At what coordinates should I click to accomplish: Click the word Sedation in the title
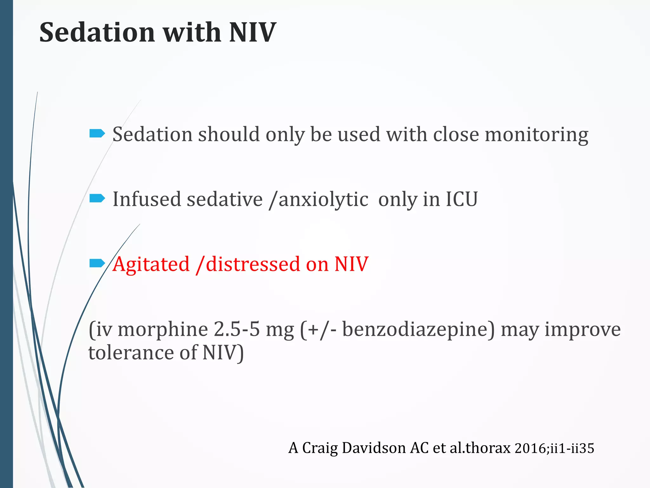(97, 32)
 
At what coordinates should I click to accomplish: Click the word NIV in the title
(252, 32)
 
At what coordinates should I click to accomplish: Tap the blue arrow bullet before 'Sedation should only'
(97, 133)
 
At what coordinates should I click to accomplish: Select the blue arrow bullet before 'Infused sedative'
(97, 199)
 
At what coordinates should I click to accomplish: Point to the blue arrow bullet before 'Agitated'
(97, 263)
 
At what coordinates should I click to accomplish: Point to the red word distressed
(253, 264)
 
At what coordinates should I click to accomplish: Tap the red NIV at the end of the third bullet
(351, 264)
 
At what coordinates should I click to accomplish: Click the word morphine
(163, 329)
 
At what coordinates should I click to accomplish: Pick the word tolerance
(131, 353)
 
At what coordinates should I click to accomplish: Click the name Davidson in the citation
(374, 448)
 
